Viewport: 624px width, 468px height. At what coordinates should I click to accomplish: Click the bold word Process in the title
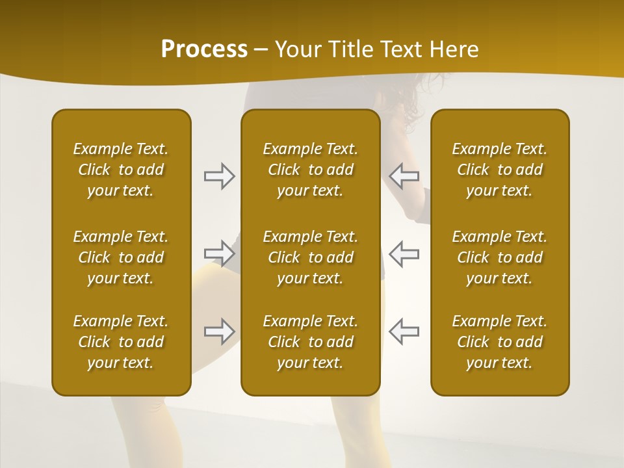click(x=204, y=49)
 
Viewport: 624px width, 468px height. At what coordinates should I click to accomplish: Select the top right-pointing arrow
click(x=219, y=176)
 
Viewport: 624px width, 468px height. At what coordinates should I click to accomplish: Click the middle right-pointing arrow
click(x=219, y=253)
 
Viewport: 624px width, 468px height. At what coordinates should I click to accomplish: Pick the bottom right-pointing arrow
click(x=219, y=331)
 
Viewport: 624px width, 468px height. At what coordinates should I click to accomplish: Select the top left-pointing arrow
click(x=404, y=176)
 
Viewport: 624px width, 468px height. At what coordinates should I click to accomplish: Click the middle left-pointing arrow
click(x=404, y=253)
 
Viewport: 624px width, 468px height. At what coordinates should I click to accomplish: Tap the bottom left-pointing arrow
click(x=404, y=331)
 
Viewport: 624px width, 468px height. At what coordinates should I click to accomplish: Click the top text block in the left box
click(x=121, y=170)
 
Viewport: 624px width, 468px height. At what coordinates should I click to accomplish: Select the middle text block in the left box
click(x=121, y=257)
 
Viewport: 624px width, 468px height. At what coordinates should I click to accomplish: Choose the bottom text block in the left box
click(x=121, y=342)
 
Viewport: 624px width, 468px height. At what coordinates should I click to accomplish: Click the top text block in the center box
click(x=310, y=170)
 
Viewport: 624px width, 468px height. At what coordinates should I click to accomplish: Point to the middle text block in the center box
click(x=310, y=257)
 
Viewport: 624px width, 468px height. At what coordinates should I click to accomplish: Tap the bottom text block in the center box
click(x=310, y=342)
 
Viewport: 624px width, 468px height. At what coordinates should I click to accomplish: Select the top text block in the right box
click(x=499, y=170)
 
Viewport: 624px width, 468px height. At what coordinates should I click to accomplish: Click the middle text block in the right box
click(x=499, y=257)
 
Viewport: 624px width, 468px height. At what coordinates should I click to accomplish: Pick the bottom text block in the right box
click(x=499, y=342)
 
